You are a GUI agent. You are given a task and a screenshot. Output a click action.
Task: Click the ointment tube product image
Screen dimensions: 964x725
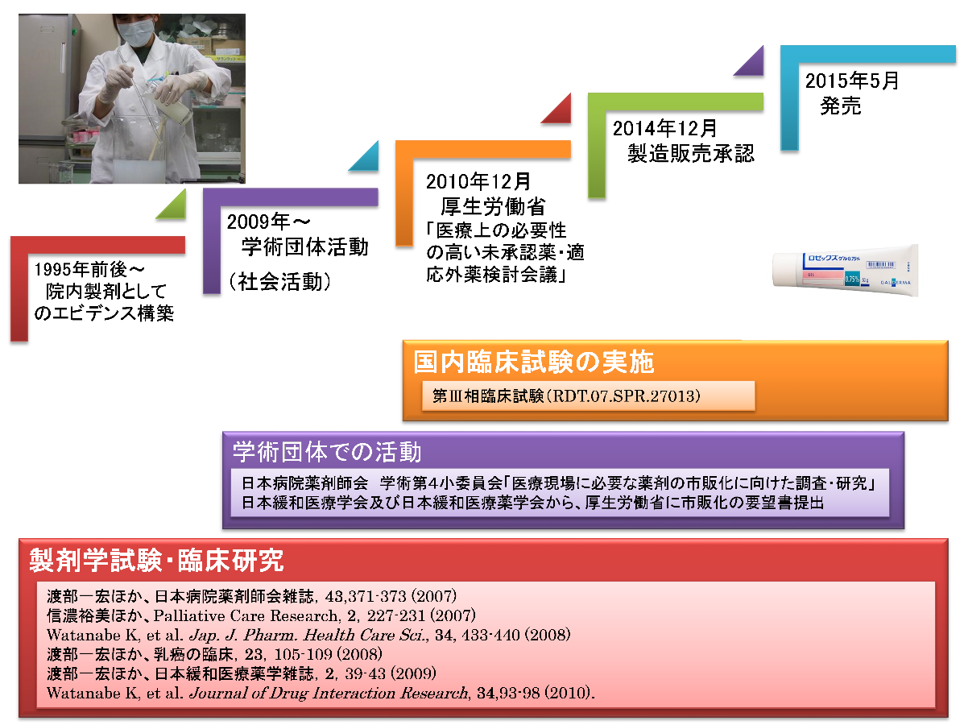pos(846,271)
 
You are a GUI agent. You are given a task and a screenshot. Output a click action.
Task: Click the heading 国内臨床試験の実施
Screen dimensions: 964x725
pos(534,362)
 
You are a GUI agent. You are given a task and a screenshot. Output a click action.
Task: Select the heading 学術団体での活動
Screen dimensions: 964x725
pos(327,452)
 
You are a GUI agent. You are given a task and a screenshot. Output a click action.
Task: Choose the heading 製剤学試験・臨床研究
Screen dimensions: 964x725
pos(157,560)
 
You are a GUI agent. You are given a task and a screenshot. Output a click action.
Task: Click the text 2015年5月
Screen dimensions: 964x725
pos(852,81)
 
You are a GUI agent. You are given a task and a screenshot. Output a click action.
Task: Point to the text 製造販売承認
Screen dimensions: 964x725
pos(690,153)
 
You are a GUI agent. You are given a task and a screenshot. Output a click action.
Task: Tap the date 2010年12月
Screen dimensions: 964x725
pos(478,181)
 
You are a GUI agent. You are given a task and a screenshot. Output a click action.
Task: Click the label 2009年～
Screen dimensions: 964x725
pos(269,222)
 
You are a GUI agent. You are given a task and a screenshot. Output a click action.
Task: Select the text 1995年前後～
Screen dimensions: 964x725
pos(89,269)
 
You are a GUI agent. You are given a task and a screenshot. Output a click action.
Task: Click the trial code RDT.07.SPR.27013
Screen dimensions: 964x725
pos(623,396)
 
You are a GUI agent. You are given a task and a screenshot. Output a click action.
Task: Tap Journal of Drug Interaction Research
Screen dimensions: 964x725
pos(329,693)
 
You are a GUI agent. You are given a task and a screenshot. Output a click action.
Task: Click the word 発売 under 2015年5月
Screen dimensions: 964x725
pos(841,106)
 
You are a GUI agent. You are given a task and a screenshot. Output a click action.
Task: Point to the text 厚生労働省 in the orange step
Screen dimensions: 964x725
pos(493,206)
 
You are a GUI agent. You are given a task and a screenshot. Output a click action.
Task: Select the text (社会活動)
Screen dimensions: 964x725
pos(280,282)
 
